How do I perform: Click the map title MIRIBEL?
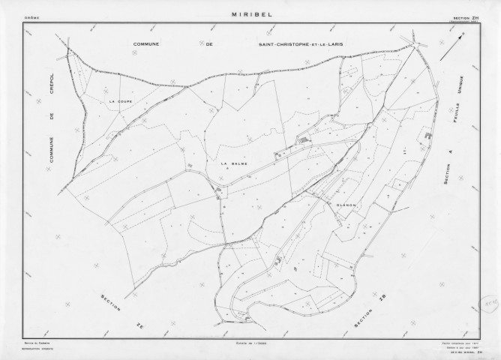[x=250, y=13]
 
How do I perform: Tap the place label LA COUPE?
[x=120, y=100]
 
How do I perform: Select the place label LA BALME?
[x=234, y=162]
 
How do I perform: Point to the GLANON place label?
[x=346, y=204]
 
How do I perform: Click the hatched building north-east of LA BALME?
[x=303, y=139]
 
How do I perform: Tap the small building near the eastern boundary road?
[x=428, y=136]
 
